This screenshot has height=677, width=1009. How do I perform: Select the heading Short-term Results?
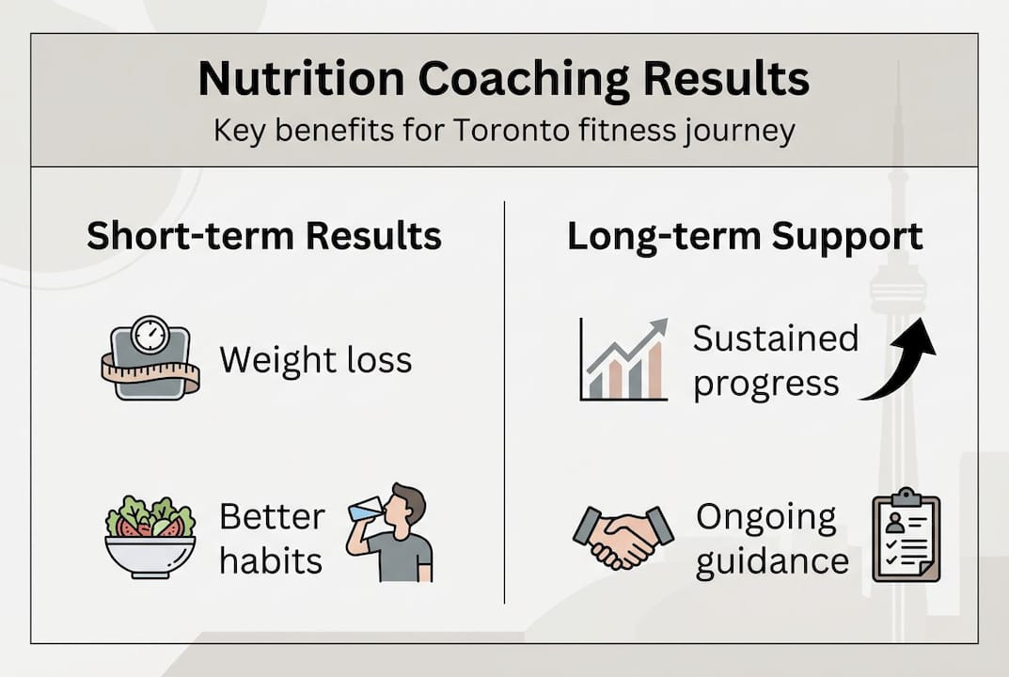[x=264, y=236]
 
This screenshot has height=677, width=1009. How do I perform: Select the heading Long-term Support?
[x=745, y=236]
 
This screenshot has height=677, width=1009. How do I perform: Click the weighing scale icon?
[x=150, y=359]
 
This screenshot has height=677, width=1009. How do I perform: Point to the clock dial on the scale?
[x=150, y=335]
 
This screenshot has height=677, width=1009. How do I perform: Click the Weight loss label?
[x=315, y=359]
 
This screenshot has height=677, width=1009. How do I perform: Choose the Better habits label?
[x=272, y=539]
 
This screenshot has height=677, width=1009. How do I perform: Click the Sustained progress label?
[x=776, y=360]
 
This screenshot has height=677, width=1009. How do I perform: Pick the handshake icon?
[x=623, y=538]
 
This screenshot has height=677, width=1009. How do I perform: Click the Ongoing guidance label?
[x=771, y=539]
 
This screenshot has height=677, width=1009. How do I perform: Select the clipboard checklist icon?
[x=906, y=536]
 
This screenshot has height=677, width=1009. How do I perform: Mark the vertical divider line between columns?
[x=505, y=404]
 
